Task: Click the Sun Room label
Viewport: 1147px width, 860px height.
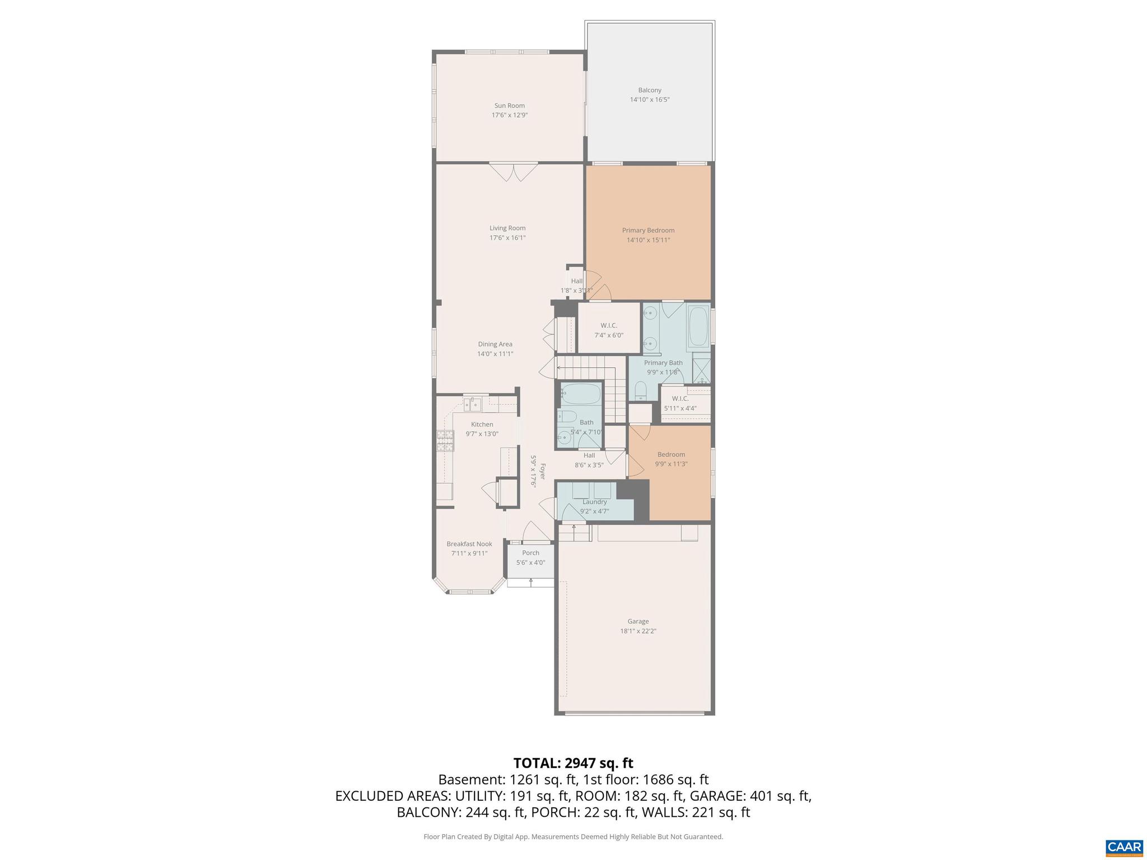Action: [x=509, y=105]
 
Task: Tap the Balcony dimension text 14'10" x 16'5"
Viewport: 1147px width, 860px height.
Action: [x=650, y=100]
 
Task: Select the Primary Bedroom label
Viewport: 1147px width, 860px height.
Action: [x=648, y=230]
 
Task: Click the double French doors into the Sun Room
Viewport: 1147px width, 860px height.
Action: [x=514, y=171]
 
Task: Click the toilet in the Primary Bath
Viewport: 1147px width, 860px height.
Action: [x=641, y=390]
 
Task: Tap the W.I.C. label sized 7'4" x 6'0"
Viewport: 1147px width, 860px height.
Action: [x=609, y=325]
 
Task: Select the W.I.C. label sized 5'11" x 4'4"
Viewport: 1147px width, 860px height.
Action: [x=680, y=399]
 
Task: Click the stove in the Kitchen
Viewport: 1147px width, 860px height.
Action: [x=445, y=441]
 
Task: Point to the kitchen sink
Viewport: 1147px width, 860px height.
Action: [x=473, y=403]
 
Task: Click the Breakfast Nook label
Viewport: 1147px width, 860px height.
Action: [x=469, y=544]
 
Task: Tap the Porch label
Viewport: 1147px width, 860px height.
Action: [x=530, y=553]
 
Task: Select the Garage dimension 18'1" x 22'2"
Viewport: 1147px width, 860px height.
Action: [x=638, y=631]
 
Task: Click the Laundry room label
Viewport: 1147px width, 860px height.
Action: [x=594, y=502]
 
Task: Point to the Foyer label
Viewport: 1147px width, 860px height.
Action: [x=542, y=471]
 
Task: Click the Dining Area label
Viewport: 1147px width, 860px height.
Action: [x=495, y=344]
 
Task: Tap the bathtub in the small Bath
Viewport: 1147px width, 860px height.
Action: [x=580, y=394]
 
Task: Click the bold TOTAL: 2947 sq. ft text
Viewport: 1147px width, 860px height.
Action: [x=573, y=763]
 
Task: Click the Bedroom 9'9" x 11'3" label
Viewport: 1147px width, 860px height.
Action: [x=671, y=455]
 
